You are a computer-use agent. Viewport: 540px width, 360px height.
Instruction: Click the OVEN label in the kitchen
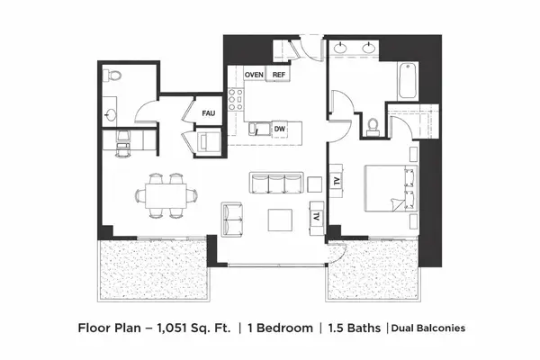[x=254, y=75]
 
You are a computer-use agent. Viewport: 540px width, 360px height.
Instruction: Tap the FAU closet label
[x=208, y=113]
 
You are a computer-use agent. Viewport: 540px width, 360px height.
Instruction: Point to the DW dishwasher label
[x=279, y=130]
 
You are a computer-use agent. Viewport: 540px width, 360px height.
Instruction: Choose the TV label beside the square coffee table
[x=318, y=217]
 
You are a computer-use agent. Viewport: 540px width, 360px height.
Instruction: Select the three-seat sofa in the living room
[x=273, y=183]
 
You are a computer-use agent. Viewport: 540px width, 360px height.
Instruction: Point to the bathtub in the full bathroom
[x=405, y=82]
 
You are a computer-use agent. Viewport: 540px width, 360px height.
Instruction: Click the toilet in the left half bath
[x=112, y=76]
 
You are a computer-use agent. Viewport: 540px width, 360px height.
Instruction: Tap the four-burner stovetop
[x=236, y=100]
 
